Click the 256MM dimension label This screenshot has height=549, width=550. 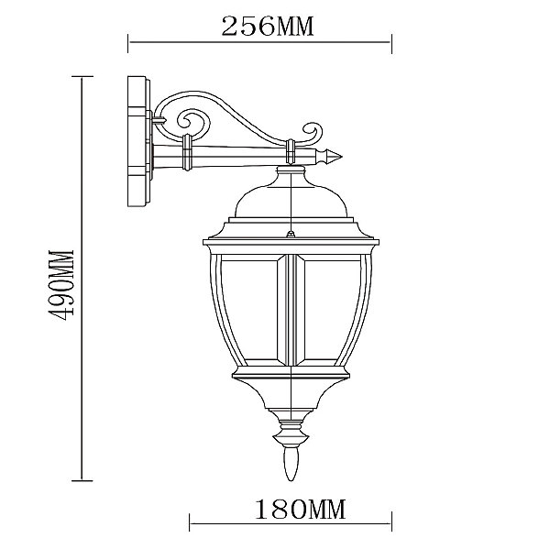click(268, 27)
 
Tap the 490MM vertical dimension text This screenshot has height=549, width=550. click(62, 285)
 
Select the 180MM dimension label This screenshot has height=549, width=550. click(300, 510)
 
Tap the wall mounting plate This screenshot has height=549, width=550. click(139, 142)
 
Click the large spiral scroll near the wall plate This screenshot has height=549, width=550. click(192, 123)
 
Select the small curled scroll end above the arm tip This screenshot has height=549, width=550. click(312, 132)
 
